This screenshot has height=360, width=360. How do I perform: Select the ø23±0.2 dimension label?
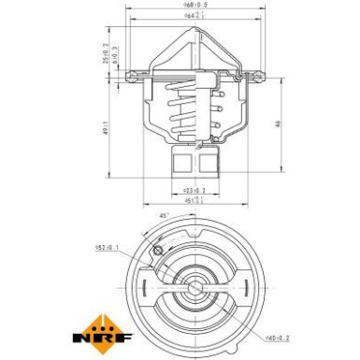(195, 191)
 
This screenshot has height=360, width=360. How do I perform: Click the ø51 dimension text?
(194, 201)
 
